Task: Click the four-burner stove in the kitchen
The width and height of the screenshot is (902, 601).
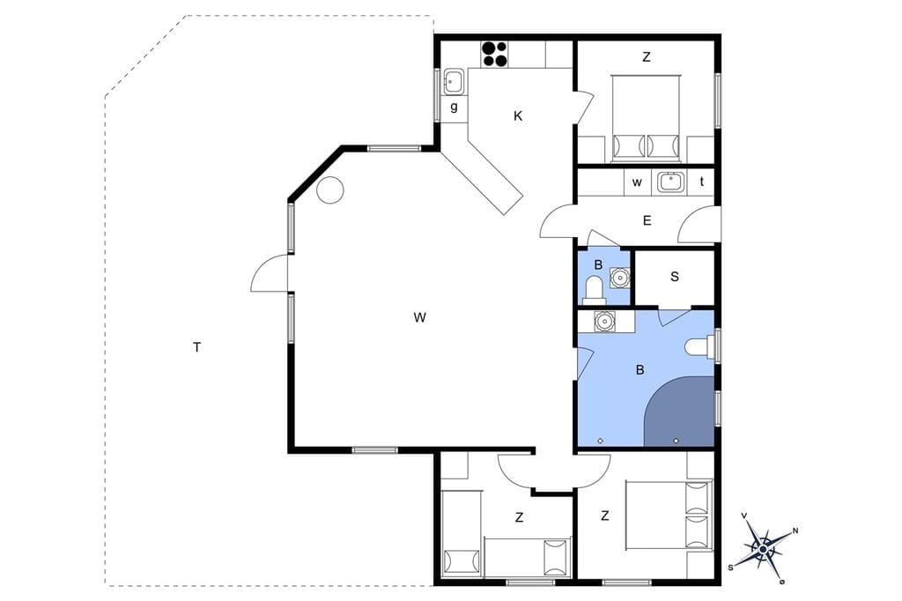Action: pyautogui.click(x=494, y=54)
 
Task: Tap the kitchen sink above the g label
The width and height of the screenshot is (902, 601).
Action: pyautogui.click(x=454, y=82)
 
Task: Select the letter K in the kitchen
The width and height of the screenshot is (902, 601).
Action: pyautogui.click(x=518, y=116)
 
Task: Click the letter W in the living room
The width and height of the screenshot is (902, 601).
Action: pyautogui.click(x=419, y=317)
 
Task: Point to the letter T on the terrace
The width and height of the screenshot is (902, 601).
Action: pyautogui.click(x=197, y=347)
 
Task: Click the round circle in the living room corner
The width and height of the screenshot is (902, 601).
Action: pyautogui.click(x=330, y=189)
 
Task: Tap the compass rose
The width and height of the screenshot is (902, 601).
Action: pyautogui.click(x=764, y=549)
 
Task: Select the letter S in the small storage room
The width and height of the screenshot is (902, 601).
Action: pyautogui.click(x=674, y=277)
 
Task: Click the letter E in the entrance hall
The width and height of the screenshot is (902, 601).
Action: pyautogui.click(x=647, y=220)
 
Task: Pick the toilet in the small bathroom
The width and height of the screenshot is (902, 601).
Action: pyautogui.click(x=593, y=289)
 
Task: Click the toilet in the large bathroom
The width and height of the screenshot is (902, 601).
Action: pyautogui.click(x=700, y=347)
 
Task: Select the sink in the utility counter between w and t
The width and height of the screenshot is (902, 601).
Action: pyautogui.click(x=670, y=182)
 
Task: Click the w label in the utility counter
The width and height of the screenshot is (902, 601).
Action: pyautogui.click(x=637, y=182)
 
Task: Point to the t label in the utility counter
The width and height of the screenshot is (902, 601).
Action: pyautogui.click(x=702, y=182)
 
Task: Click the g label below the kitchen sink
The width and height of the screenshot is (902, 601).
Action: pyautogui.click(x=454, y=108)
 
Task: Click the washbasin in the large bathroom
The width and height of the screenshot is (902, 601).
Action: pyautogui.click(x=604, y=321)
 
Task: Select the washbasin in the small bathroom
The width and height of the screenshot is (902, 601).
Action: pyautogui.click(x=619, y=278)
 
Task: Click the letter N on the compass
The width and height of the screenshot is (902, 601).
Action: pyautogui.click(x=795, y=531)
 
